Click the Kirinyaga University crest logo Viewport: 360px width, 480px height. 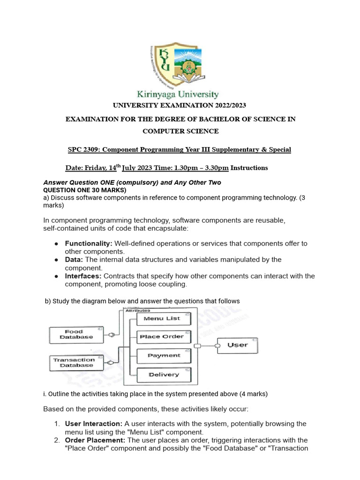pos(180,64)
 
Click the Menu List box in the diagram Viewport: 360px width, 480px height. pos(164,319)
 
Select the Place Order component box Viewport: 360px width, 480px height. pos(164,337)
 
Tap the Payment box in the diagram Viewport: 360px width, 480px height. pos(164,356)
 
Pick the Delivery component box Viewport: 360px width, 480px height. pos(164,375)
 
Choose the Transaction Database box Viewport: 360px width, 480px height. pos(74,362)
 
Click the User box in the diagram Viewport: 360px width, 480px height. pos(238,345)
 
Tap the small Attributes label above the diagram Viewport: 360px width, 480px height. pos(137,310)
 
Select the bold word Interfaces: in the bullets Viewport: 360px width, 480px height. pos(83,276)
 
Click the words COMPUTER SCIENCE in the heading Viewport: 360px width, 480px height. pos(180,131)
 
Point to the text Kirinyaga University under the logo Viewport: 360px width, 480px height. pos(180,94)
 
